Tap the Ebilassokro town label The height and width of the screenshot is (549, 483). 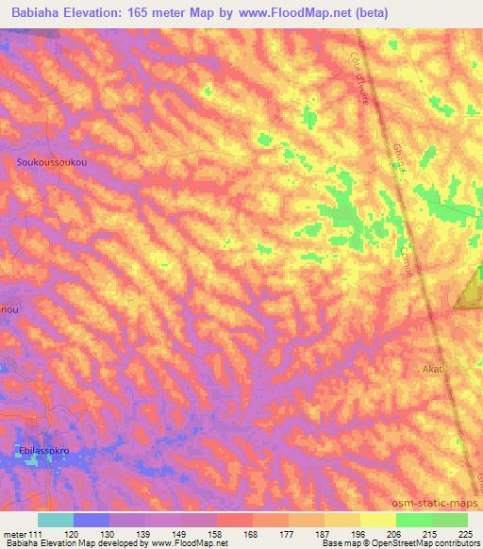point(58,452)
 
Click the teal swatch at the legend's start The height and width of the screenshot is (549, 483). point(56,520)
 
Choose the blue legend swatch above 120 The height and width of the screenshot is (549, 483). point(92,520)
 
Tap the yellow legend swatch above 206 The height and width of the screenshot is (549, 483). point(377,520)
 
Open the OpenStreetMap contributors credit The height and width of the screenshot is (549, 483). point(428,544)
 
